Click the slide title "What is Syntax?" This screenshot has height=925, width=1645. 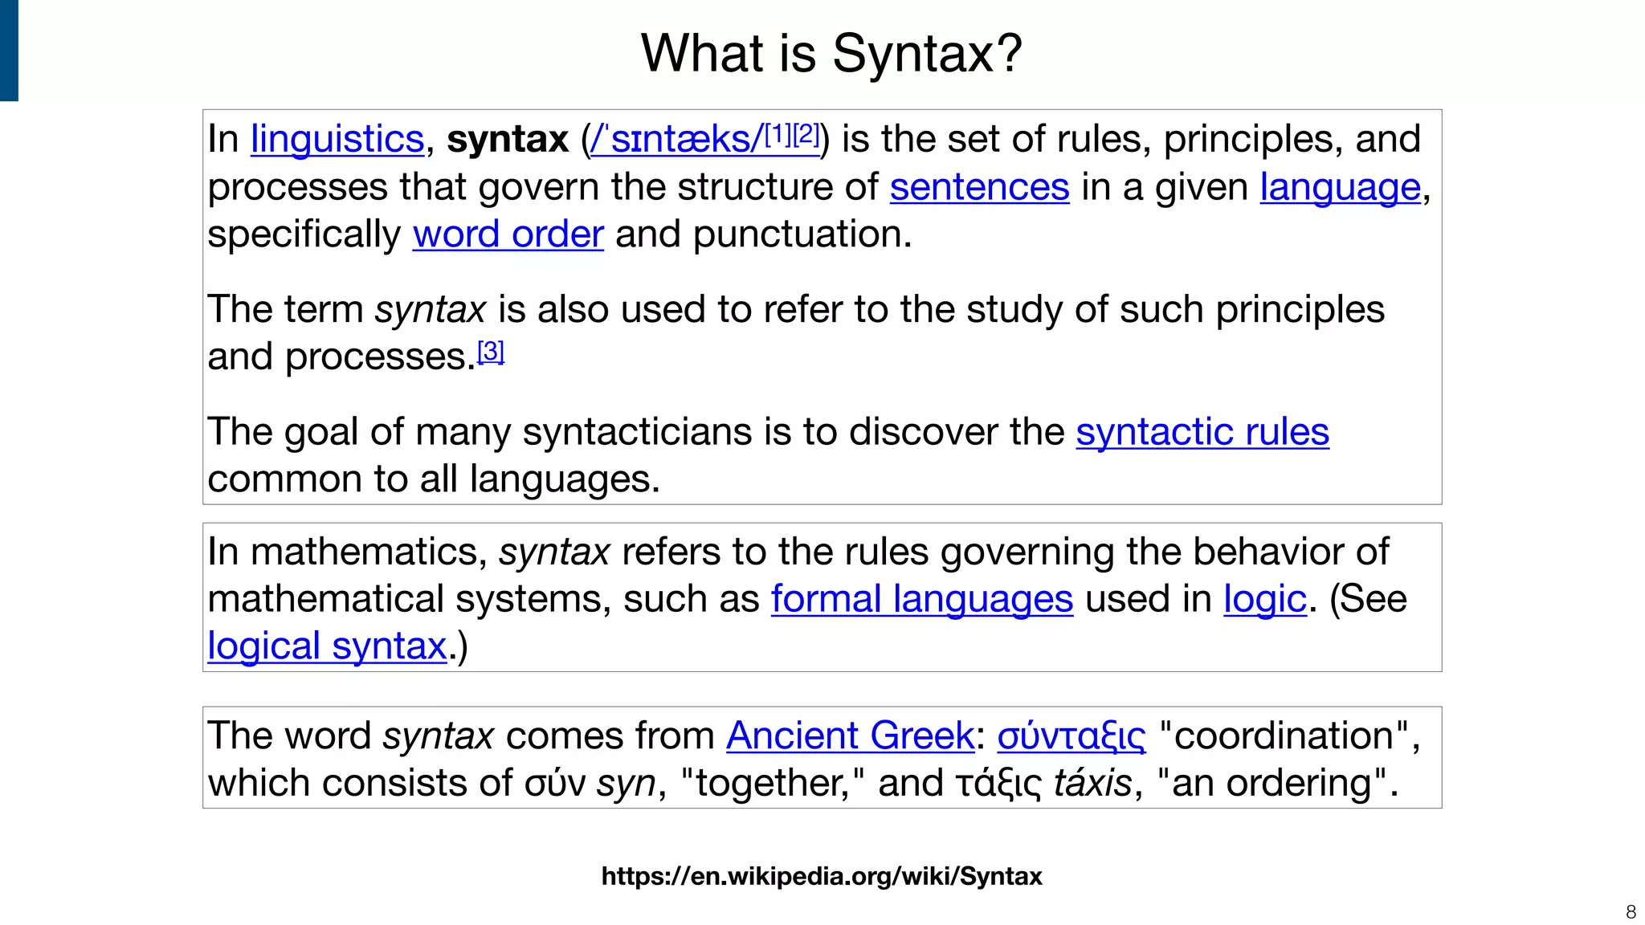click(831, 54)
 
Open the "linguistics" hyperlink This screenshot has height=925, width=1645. click(337, 139)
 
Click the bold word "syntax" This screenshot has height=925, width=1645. click(507, 139)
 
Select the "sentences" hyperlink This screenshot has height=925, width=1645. click(979, 187)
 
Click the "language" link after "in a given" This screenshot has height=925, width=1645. click(1340, 187)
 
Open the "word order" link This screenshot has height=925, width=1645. click(508, 234)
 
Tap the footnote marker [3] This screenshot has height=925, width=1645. click(491, 352)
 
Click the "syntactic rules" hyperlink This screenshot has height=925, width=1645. click(1202, 432)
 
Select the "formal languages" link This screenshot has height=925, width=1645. click(922, 599)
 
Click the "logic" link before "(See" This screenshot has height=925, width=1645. click(1265, 599)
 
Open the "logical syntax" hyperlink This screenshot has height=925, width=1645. click(327, 646)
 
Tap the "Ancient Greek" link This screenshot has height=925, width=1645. click(850, 736)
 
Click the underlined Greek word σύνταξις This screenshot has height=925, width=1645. click(1071, 736)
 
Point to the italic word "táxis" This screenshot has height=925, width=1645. click(1092, 783)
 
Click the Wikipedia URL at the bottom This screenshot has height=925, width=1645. click(822, 876)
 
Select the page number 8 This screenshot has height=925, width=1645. click(1631, 912)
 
